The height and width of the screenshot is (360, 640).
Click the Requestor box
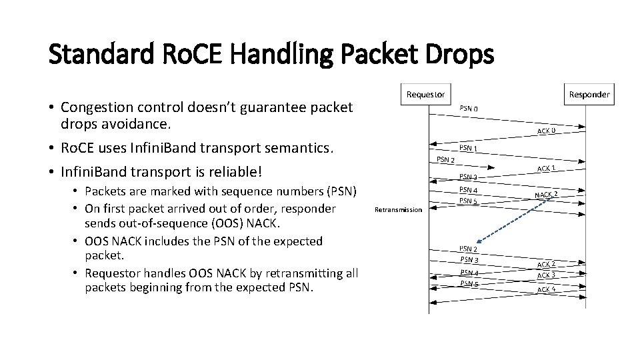[x=426, y=94]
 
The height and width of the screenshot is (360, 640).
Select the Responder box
[x=589, y=94]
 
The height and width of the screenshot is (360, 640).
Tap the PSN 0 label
[x=469, y=109]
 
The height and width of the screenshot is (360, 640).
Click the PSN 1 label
[x=467, y=148]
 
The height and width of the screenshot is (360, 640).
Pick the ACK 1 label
[x=547, y=169]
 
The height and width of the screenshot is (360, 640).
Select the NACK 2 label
[x=546, y=195]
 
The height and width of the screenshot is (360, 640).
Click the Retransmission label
[x=398, y=209]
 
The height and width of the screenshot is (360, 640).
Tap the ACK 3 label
[x=547, y=275]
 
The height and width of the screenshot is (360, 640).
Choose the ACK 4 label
[x=547, y=289]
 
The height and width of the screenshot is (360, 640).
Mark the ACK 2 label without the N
[x=547, y=264]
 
